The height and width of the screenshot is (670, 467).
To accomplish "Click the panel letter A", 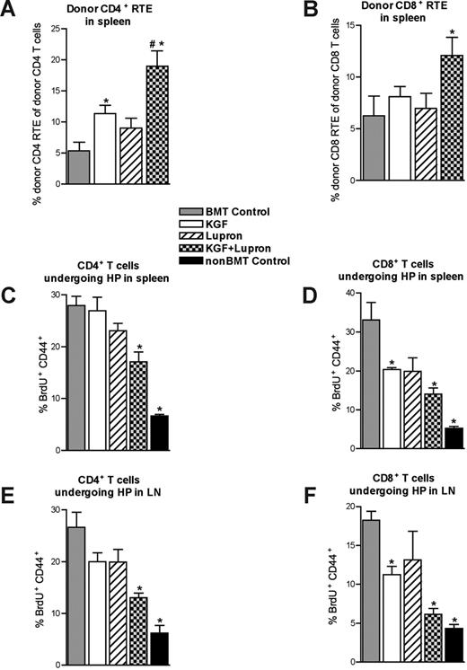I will coord(10,11).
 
